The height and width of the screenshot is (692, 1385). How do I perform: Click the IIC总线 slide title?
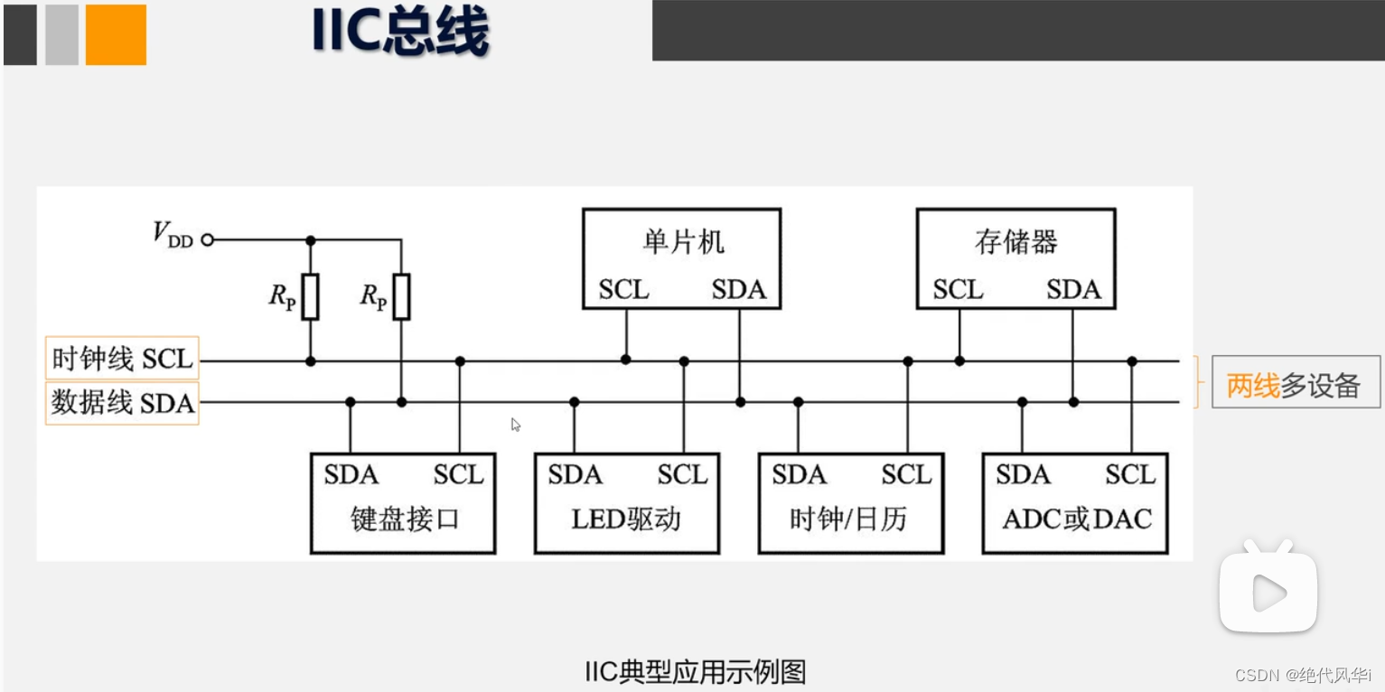[399, 32]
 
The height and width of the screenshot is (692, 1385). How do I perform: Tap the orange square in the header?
[116, 34]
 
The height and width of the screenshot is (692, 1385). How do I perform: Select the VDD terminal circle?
[207, 239]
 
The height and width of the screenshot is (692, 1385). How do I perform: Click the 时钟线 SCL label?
[122, 359]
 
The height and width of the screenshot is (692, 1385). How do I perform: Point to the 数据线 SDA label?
[122, 403]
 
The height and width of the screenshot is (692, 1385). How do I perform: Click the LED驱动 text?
[626, 519]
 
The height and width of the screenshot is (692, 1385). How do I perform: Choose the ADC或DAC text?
[1077, 519]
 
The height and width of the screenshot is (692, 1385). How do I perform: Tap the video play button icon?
[1268, 592]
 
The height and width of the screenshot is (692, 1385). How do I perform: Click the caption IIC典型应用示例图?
[694, 671]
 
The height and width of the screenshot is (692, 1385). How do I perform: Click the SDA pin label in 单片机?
[738, 290]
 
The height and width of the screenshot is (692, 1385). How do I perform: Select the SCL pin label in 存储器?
[958, 290]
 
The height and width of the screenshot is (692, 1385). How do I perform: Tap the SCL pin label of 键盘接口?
[458, 475]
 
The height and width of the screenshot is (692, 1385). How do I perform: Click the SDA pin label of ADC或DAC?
[1023, 475]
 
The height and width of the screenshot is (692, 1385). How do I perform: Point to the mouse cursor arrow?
[515, 424]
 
